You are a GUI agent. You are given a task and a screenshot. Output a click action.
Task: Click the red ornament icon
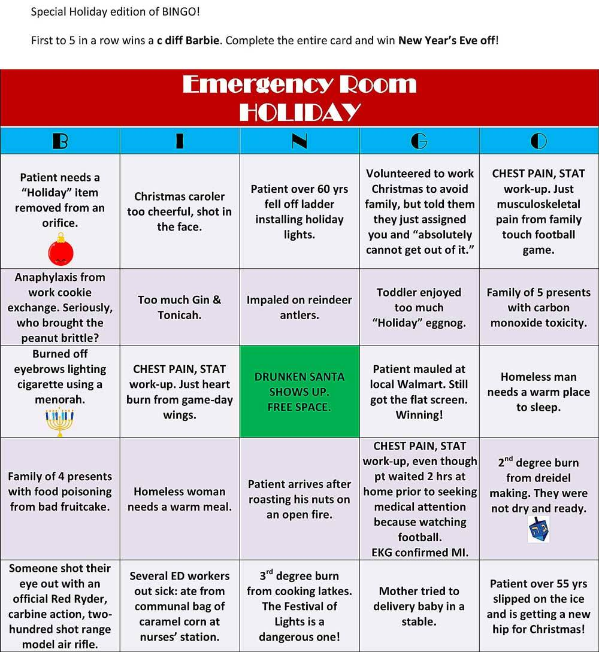pyautogui.click(x=60, y=250)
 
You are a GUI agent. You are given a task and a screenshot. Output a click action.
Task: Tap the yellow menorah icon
pyautogui.click(x=59, y=421)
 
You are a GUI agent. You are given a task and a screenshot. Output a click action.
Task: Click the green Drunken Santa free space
pyautogui.click(x=299, y=392)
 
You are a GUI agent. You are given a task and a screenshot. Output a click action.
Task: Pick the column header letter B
pyautogui.click(x=60, y=141)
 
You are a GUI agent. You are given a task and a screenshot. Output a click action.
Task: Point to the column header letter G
pyautogui.click(x=419, y=141)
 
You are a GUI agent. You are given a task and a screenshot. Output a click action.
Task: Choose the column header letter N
pyautogui.click(x=299, y=141)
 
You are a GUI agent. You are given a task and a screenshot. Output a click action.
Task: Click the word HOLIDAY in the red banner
pyautogui.click(x=299, y=111)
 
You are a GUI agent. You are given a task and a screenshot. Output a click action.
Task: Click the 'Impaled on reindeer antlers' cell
pyautogui.click(x=299, y=307)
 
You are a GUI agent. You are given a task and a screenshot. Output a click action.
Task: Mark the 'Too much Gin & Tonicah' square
pyautogui.click(x=180, y=307)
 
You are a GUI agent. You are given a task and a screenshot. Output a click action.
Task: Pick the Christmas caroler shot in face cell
pyautogui.click(x=180, y=211)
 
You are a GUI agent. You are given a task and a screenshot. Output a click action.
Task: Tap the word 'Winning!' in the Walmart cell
pyautogui.click(x=419, y=414)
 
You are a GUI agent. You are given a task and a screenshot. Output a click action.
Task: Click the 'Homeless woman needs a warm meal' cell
pyautogui.click(x=180, y=499)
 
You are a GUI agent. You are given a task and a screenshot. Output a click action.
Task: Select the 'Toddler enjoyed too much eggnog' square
pyautogui.click(x=419, y=307)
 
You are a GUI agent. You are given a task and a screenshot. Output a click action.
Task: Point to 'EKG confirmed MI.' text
pyautogui.click(x=419, y=552)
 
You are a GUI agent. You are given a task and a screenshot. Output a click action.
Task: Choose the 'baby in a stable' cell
pyautogui.click(x=419, y=606)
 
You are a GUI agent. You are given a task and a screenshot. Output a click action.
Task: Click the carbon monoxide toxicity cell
pyautogui.click(x=539, y=307)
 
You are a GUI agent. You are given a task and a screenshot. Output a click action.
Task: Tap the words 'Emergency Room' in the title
pyautogui.click(x=299, y=84)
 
